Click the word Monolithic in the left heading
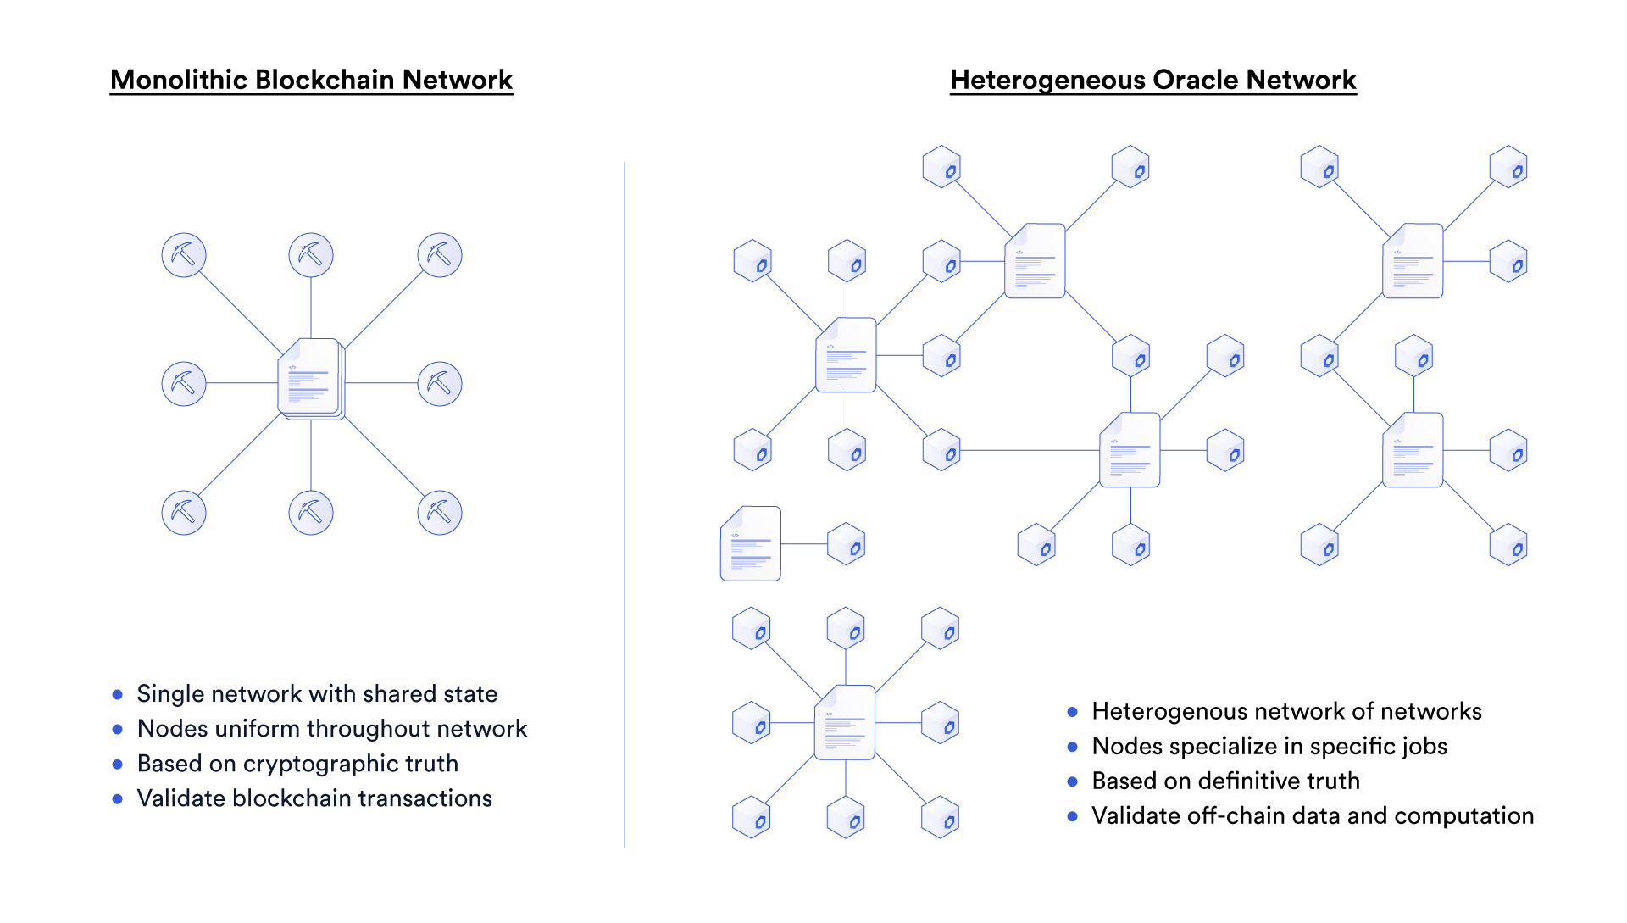pos(180,80)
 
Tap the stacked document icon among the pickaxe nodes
pos(311,379)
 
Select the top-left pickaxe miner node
pos(184,255)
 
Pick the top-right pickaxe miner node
pos(440,255)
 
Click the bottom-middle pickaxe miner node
pos(311,513)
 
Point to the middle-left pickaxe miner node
pos(184,384)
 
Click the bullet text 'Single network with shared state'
pos(317,694)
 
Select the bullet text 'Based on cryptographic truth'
pos(297,764)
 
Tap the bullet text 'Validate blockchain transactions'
pos(314,798)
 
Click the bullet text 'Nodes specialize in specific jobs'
pos(1269,747)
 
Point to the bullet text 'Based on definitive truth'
pos(1225,781)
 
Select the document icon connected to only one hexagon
pos(751,543)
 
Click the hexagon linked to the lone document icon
pos(846,544)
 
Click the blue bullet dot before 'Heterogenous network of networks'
pos(1073,712)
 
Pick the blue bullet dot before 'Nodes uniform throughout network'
pos(118,729)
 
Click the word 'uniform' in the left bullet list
pos(255,729)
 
